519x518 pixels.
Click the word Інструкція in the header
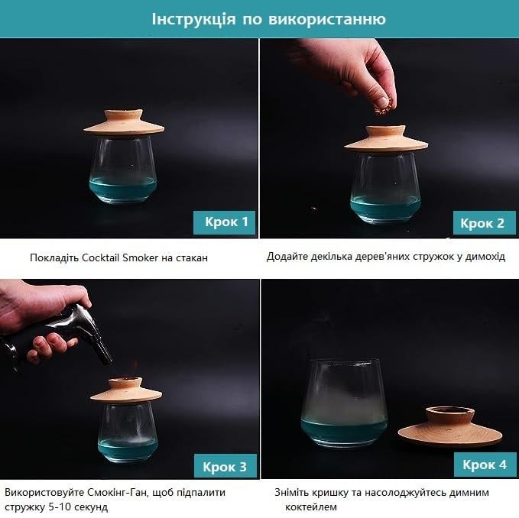(x=193, y=19)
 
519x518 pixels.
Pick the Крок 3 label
(x=225, y=466)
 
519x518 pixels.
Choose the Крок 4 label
(x=485, y=465)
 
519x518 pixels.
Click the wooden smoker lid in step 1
(x=124, y=123)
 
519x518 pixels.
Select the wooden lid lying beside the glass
(x=450, y=427)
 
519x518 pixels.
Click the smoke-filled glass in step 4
(x=344, y=403)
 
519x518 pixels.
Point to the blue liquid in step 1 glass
(x=123, y=187)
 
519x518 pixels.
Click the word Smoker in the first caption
(x=141, y=257)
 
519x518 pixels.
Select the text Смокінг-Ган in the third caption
(x=117, y=492)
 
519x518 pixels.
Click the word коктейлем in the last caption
(x=311, y=507)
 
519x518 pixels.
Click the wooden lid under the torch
(x=126, y=390)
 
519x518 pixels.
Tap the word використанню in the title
(x=326, y=19)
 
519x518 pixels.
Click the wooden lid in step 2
(x=386, y=138)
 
